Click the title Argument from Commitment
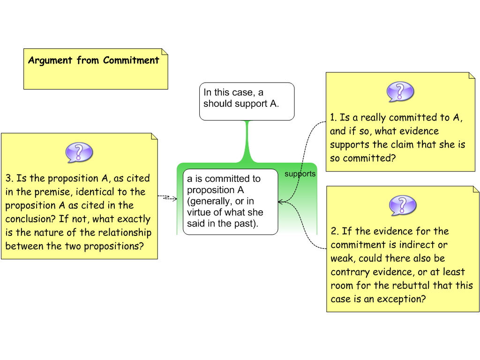point(94,60)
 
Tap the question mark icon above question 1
point(400,91)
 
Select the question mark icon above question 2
point(403,205)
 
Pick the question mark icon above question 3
point(79,152)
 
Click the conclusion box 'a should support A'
point(247,101)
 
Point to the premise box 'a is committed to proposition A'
point(230,202)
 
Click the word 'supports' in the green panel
point(300,174)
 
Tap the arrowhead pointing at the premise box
point(280,202)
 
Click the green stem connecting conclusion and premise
point(247,141)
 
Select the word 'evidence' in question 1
point(419,131)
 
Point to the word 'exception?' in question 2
point(402,299)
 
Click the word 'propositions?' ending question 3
point(114,246)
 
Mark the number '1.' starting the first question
point(333,118)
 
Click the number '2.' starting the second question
point(335,231)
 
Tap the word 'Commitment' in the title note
point(131,60)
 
